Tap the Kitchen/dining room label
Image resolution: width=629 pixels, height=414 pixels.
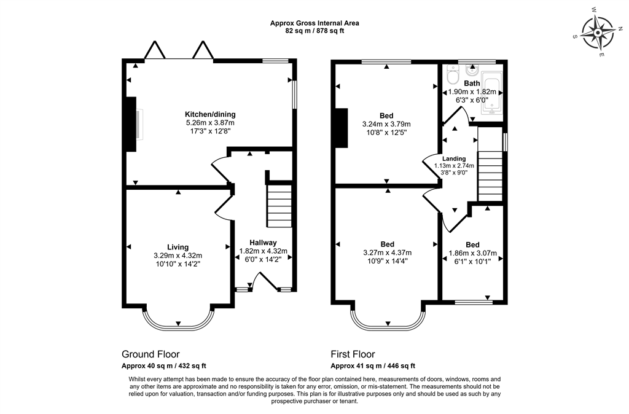pos(210,114)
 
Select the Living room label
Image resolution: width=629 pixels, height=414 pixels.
pos(178,247)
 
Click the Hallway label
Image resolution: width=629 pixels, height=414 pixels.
pos(263,242)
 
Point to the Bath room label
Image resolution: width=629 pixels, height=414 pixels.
pos(472,84)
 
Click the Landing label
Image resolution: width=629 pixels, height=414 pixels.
pos(454,158)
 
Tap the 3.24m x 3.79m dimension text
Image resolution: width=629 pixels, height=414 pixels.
pos(386,123)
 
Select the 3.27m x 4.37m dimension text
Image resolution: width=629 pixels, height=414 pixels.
pos(387,252)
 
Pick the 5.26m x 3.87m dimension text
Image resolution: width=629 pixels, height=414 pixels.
pos(210,123)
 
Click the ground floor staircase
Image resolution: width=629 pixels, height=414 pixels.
pos(279,207)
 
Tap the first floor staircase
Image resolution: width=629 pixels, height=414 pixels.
pos(490,173)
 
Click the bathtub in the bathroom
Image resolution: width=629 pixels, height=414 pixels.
pos(492,94)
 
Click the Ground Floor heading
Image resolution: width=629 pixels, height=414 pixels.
pos(150,354)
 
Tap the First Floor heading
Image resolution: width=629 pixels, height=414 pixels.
pos(353,354)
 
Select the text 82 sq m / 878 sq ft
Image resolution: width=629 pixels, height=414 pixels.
pos(314,31)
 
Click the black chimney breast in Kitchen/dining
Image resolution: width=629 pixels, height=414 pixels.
pos(130,123)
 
